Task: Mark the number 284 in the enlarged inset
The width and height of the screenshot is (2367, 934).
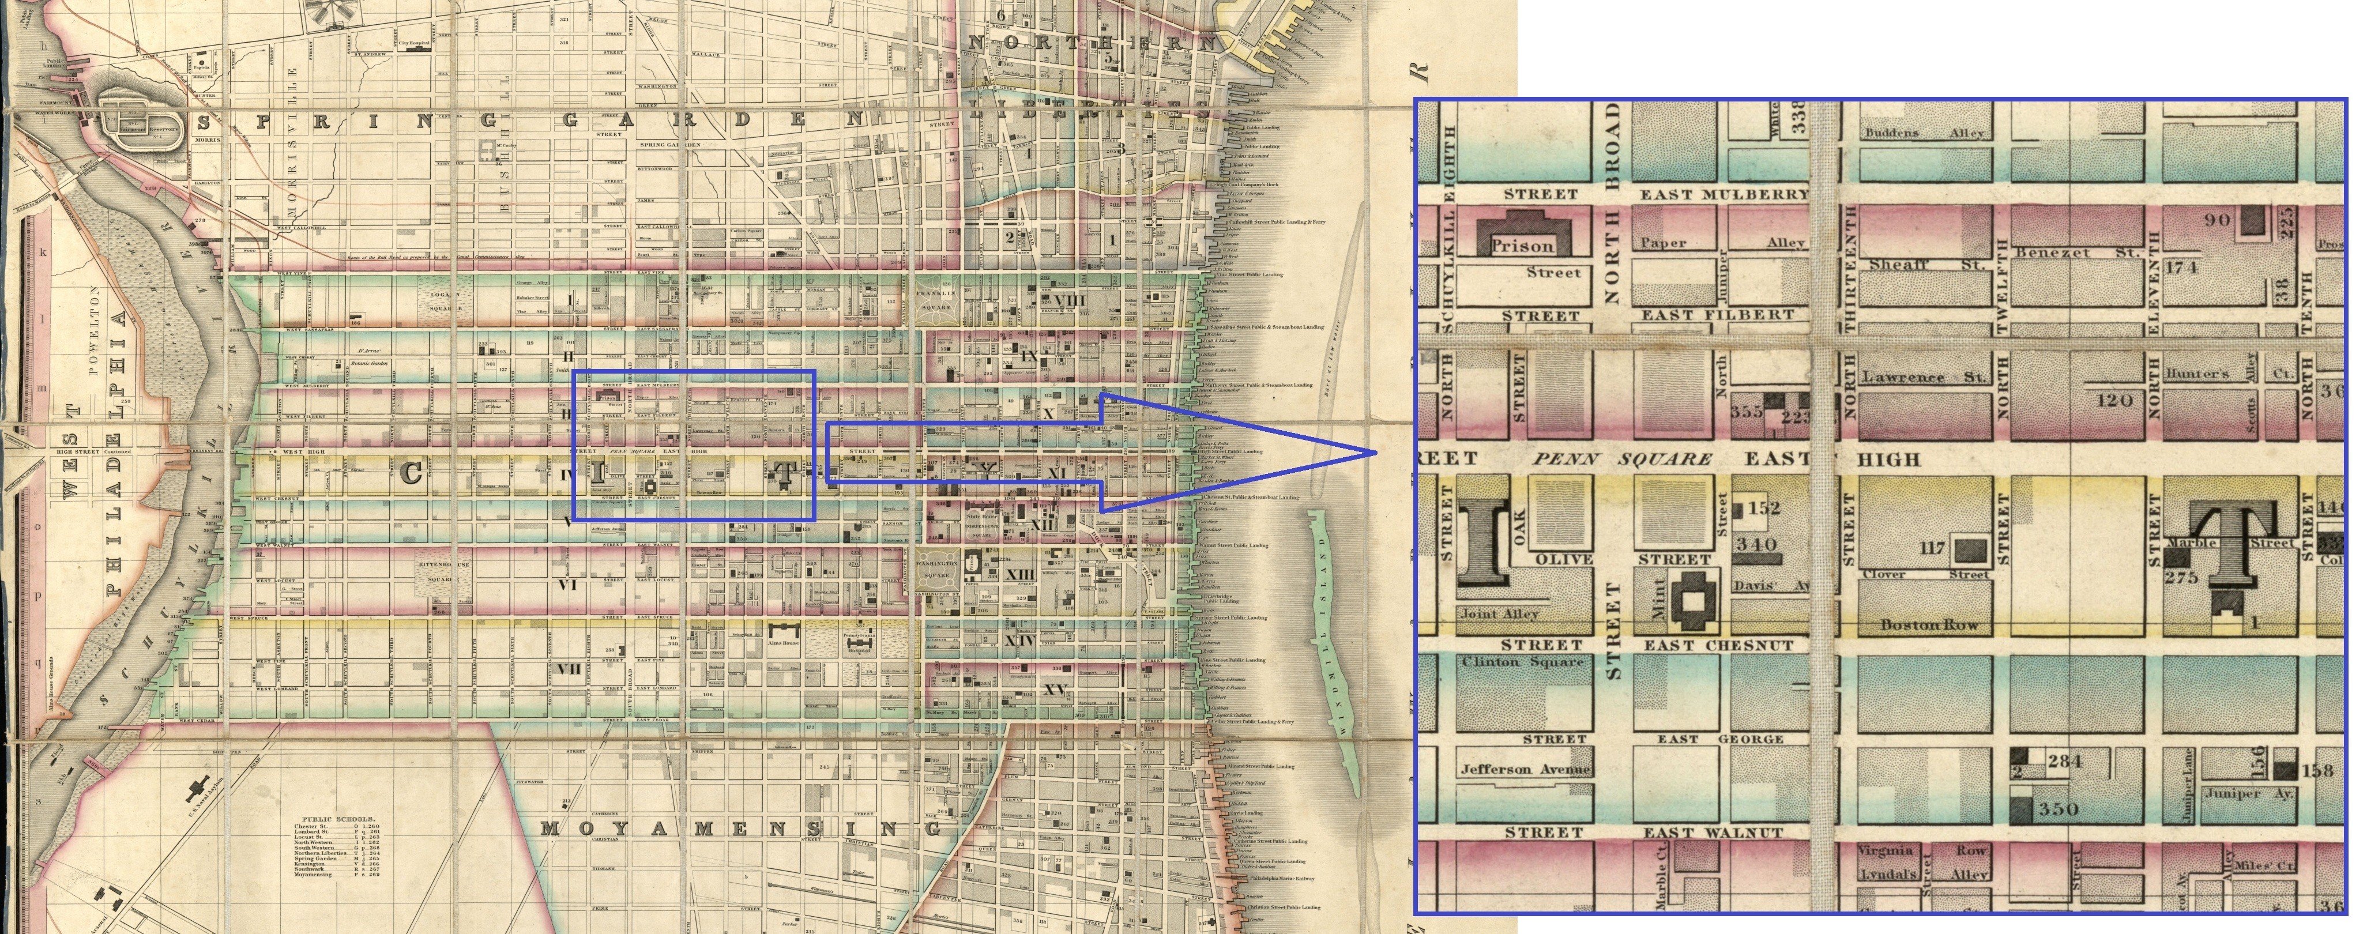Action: [2063, 762]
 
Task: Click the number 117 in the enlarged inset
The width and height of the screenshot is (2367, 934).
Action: [1932, 548]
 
